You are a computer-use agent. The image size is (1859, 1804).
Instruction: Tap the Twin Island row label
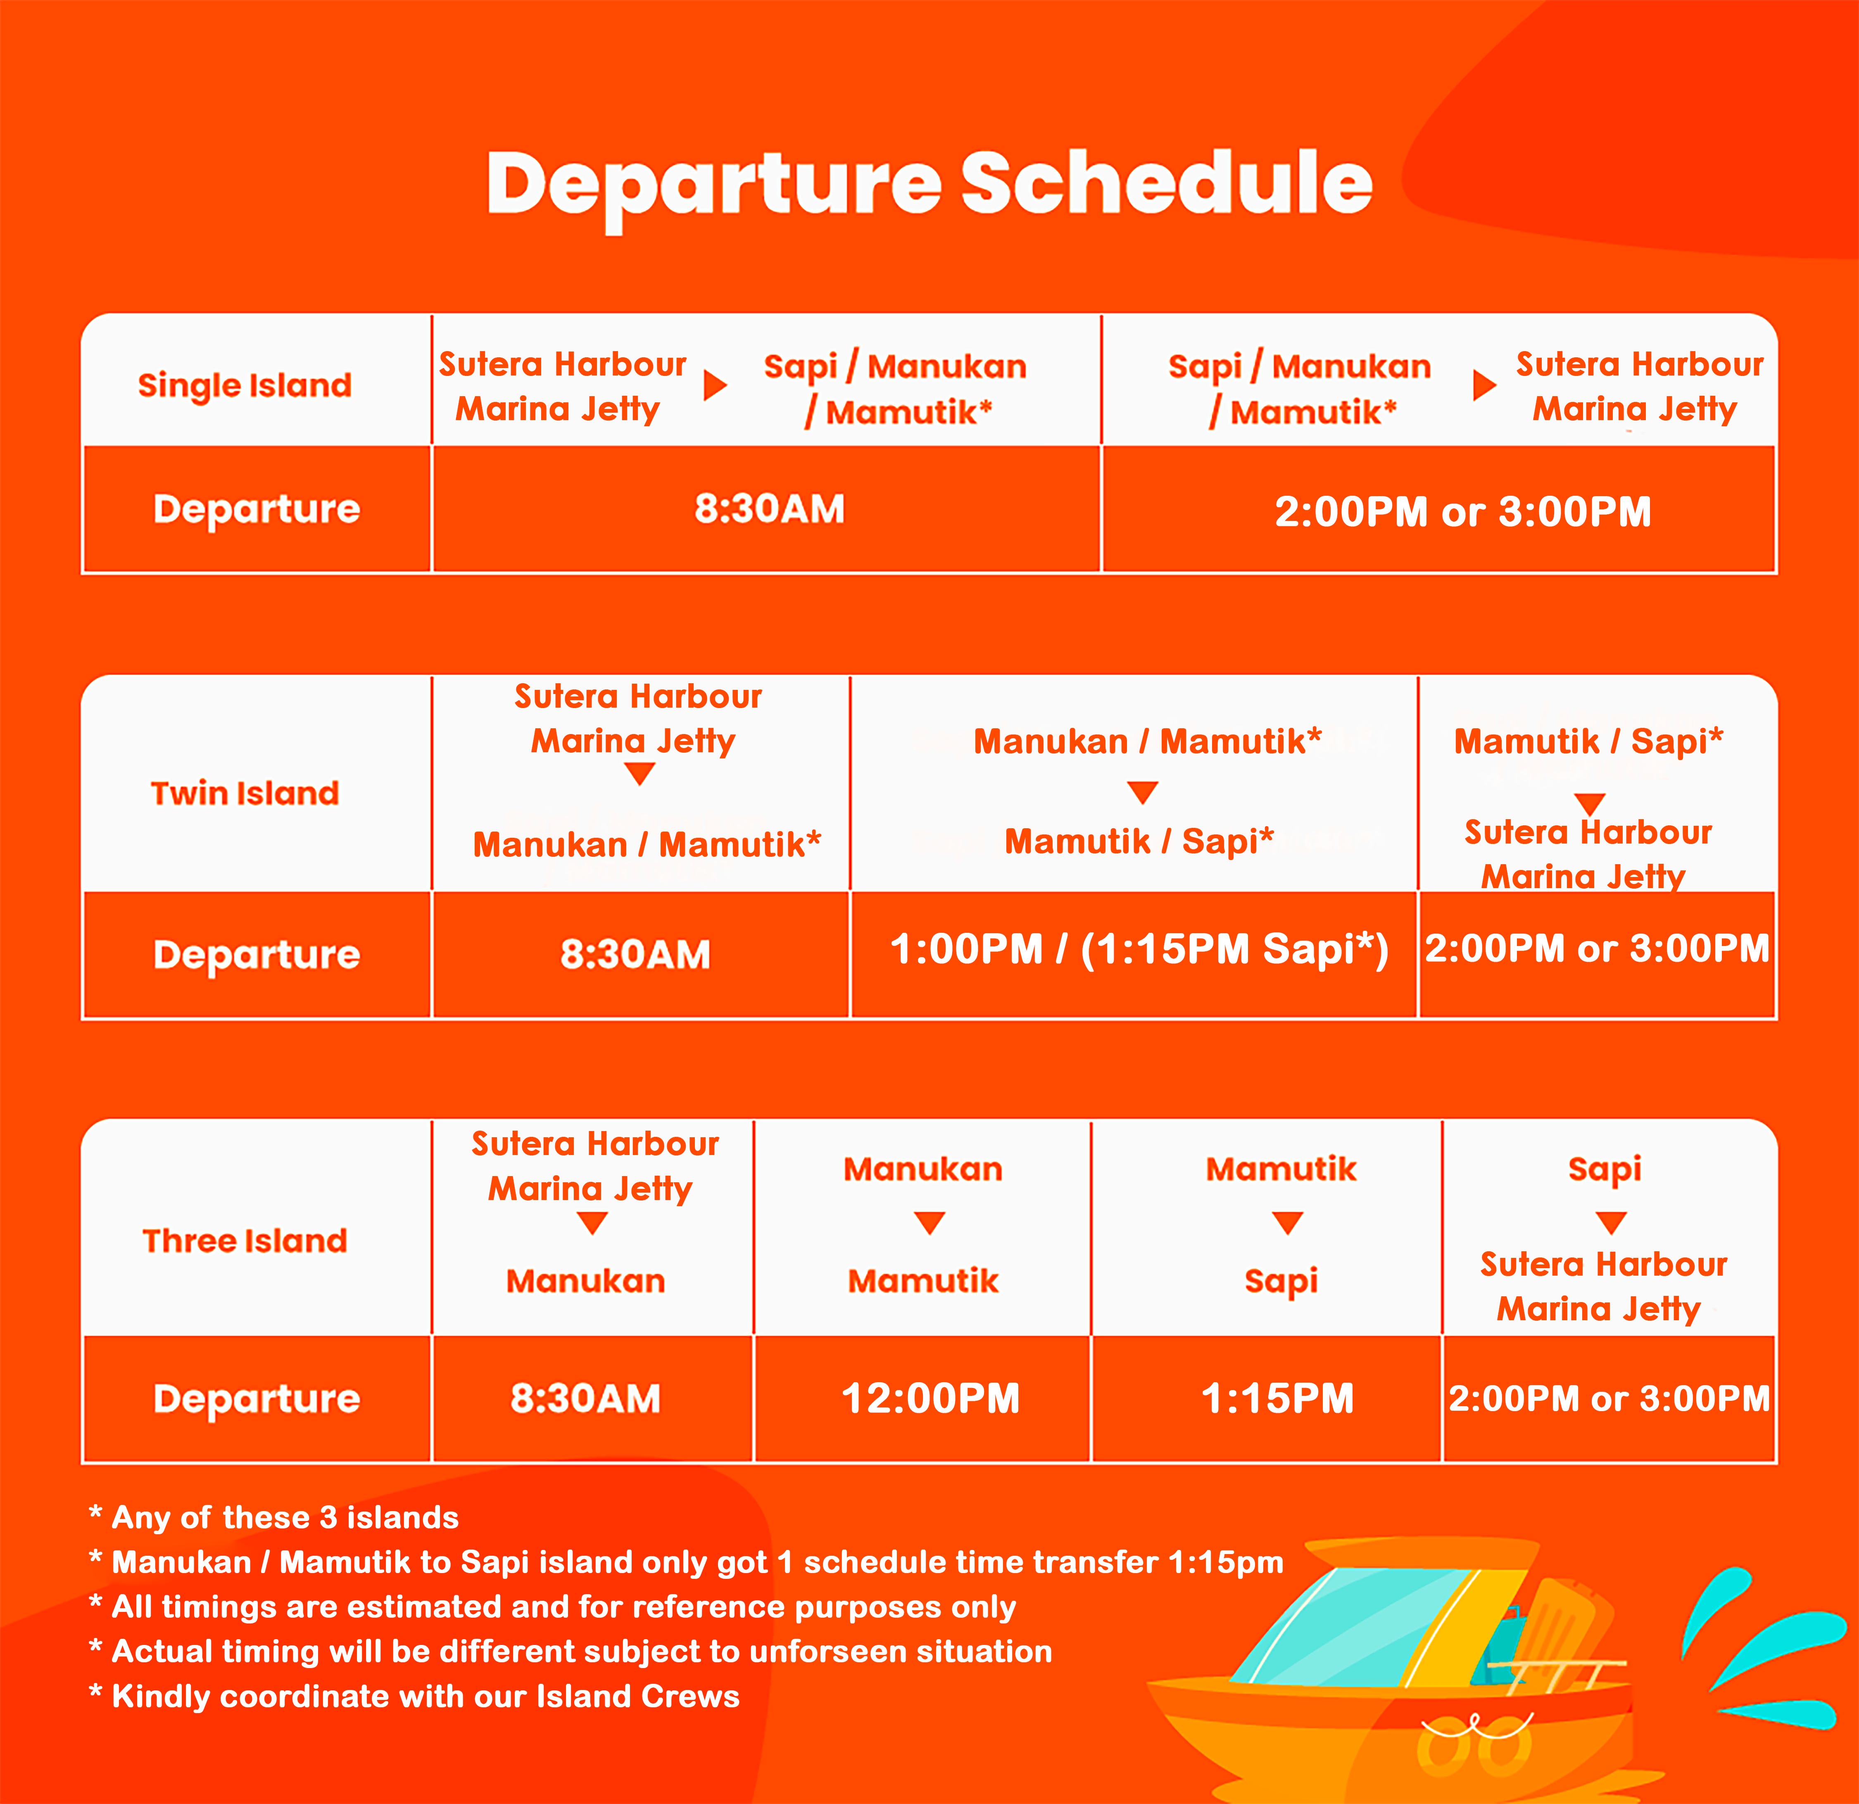[245, 793]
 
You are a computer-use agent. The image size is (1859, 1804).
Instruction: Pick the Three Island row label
[245, 1241]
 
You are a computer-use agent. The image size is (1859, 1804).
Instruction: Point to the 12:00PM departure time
[930, 1398]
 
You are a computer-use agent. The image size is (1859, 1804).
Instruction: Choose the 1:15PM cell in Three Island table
[1278, 1398]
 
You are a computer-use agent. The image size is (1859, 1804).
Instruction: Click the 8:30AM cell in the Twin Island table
[635, 954]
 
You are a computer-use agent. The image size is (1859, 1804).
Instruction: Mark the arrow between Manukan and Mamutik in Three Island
[929, 1223]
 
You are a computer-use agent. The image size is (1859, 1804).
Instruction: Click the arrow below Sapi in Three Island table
[1612, 1223]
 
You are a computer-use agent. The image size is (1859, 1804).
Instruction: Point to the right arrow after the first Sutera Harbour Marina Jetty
[715, 385]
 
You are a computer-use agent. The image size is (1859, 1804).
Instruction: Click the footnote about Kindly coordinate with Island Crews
[414, 1696]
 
